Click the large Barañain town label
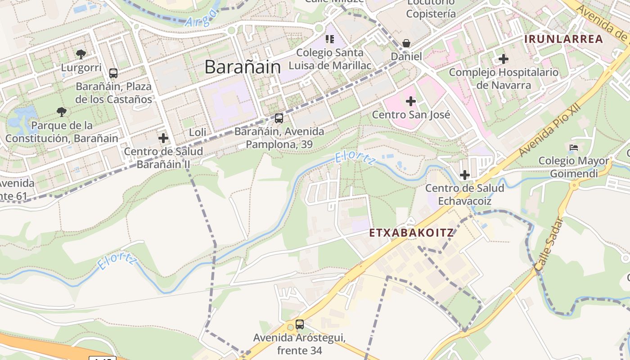click(243, 67)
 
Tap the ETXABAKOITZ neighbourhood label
click(411, 233)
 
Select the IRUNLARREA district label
click(563, 39)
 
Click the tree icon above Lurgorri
click(81, 54)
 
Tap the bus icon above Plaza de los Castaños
click(113, 73)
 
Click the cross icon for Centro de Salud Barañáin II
click(163, 138)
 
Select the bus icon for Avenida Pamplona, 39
click(279, 118)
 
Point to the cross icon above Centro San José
click(411, 101)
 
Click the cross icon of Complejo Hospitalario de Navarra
click(504, 59)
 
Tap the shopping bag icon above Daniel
click(406, 43)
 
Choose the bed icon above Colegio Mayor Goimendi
click(573, 147)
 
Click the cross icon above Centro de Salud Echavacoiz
click(465, 175)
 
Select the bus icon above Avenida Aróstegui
click(300, 324)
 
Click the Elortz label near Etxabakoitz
click(355, 158)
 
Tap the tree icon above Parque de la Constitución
click(62, 112)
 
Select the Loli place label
click(198, 132)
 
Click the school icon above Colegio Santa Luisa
click(330, 39)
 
